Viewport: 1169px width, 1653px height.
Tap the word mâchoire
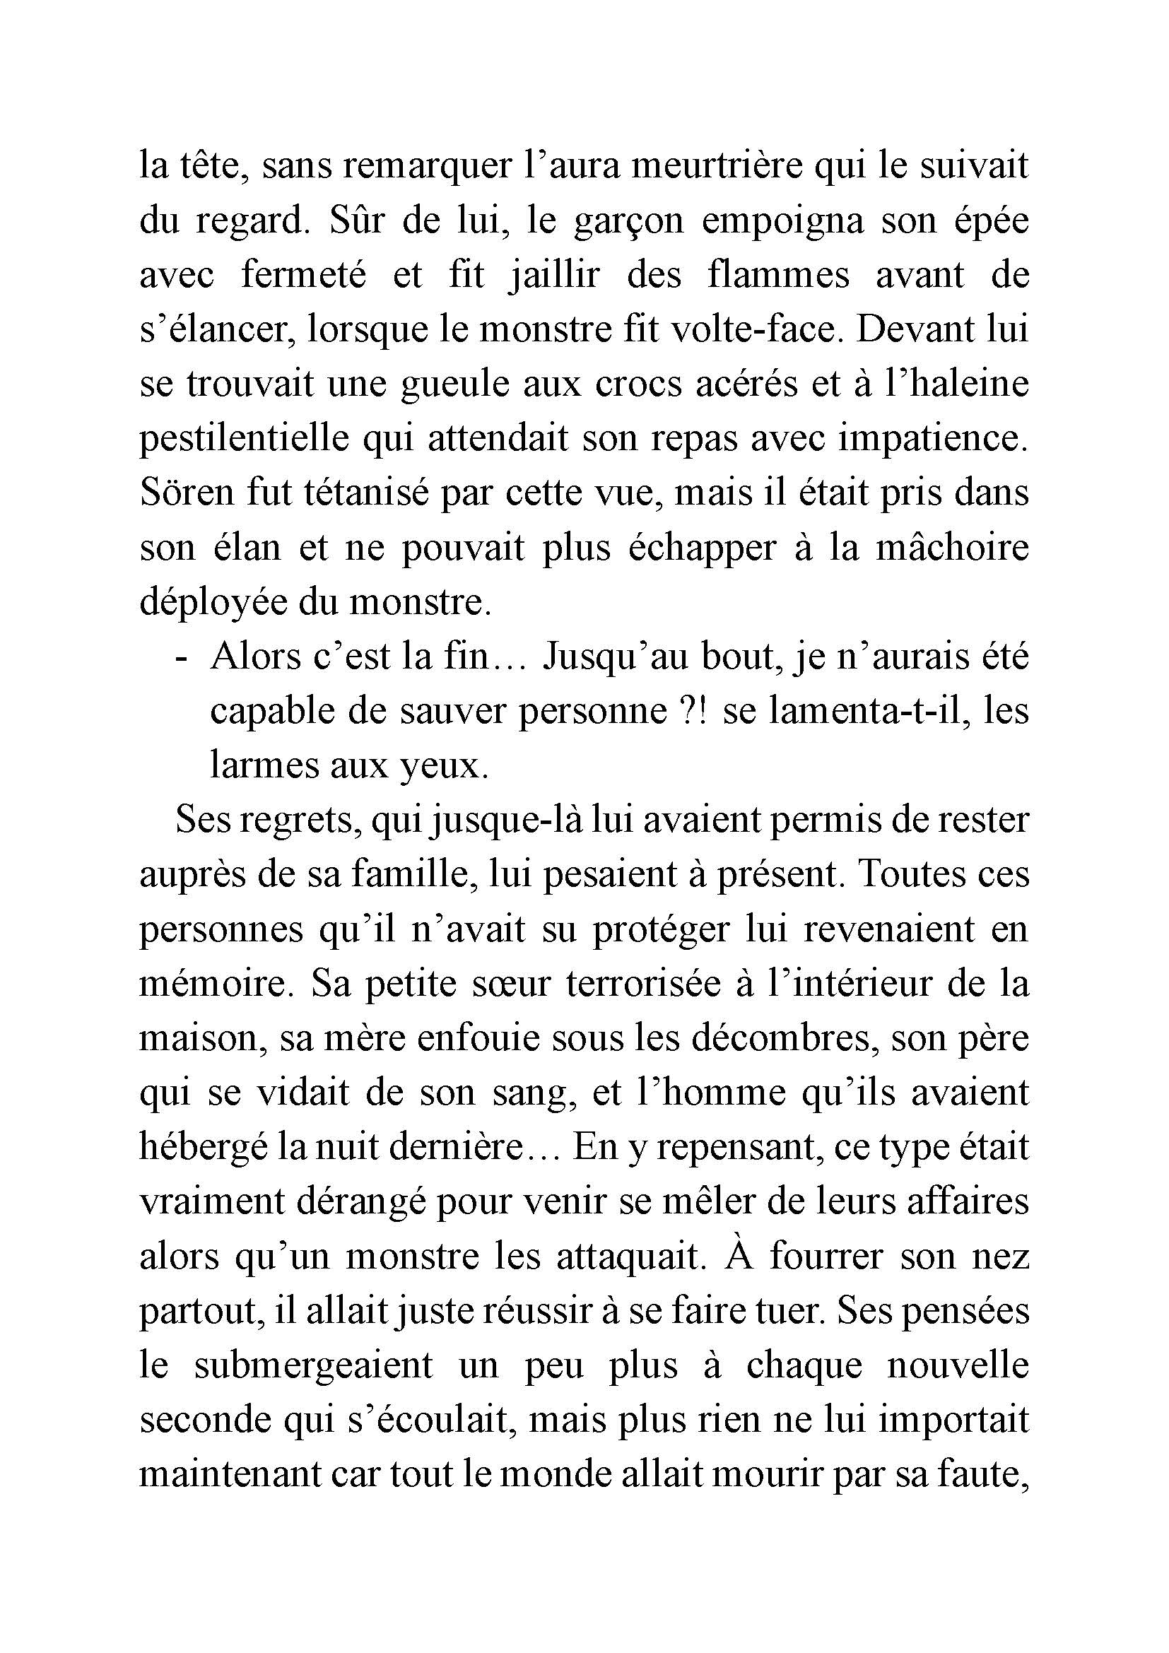(x=952, y=548)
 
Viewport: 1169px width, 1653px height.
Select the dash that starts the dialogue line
(x=182, y=658)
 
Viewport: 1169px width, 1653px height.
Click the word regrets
(x=301, y=821)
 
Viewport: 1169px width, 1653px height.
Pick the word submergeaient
(x=314, y=1367)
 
